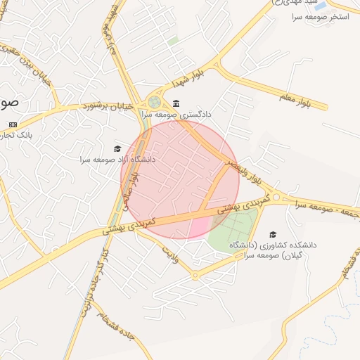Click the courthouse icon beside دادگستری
tap(176, 103)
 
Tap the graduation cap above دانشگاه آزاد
tap(117, 148)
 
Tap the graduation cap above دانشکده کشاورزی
tap(273, 235)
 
